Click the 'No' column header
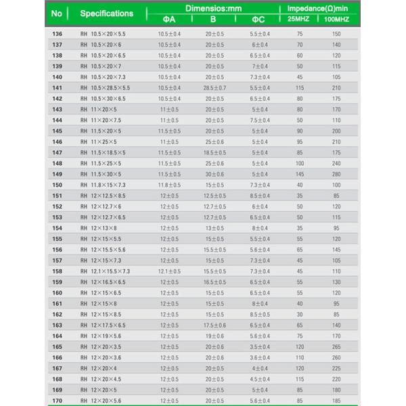tap(57, 14)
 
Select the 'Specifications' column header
tap(106, 14)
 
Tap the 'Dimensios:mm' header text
tap(213, 7)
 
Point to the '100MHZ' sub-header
tap(336, 19)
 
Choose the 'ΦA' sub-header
tap(169, 19)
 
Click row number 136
tap(57, 33)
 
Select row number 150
tap(57, 185)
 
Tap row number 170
tap(57, 401)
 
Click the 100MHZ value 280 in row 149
tap(336, 174)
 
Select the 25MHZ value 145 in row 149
tap(300, 174)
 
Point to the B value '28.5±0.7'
tap(215, 88)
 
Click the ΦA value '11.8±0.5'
tap(169, 185)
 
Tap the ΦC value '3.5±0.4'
tap(260, 346)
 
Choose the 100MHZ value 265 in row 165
tap(336, 346)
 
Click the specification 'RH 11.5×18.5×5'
tap(103, 152)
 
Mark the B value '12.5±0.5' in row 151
tap(215, 196)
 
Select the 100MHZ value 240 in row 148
tap(336, 163)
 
